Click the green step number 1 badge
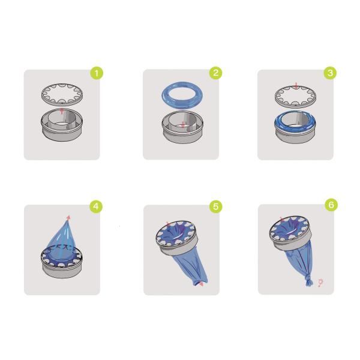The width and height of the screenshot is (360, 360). pyautogui.click(x=97, y=73)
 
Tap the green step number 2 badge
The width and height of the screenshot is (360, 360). pyautogui.click(x=215, y=73)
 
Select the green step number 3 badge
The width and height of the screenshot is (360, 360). pyautogui.click(x=330, y=73)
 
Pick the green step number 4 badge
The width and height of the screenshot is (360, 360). pyautogui.click(x=96, y=206)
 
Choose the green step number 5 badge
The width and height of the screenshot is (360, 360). pyautogui.click(x=216, y=206)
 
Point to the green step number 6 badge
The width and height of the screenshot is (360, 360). pyautogui.click(x=331, y=205)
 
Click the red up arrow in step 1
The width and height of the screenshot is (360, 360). pyautogui.click(x=62, y=110)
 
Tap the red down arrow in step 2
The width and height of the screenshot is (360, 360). pyautogui.click(x=183, y=124)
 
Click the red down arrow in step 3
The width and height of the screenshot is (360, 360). pyautogui.click(x=296, y=86)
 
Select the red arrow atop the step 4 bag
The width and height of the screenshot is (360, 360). pyautogui.click(x=68, y=217)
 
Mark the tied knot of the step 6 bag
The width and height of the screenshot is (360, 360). pyautogui.click(x=309, y=281)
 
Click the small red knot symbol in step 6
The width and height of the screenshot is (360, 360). pyautogui.click(x=320, y=283)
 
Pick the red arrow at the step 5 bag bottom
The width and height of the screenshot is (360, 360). pyautogui.click(x=200, y=284)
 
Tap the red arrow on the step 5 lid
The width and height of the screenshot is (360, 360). pyautogui.click(x=168, y=224)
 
